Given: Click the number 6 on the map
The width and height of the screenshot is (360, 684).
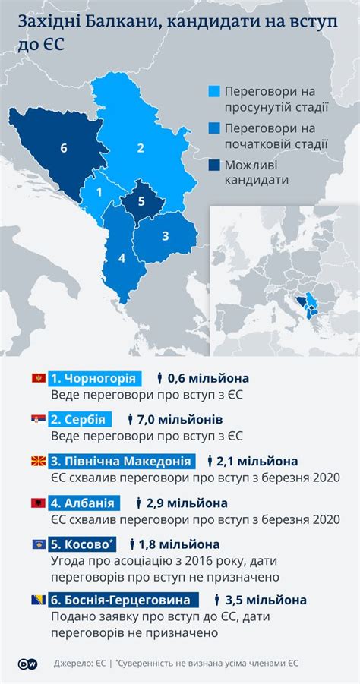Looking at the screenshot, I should pos(65,148).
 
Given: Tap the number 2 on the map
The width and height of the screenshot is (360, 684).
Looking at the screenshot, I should pos(141,148).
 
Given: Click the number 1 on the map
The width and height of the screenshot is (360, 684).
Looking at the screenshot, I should pos(99,193).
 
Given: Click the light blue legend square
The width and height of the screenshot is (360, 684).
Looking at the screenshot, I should pos(215,92).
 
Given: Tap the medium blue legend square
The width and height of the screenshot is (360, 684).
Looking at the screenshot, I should pos(215,128).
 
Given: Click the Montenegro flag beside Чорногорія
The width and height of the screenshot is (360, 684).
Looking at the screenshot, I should pos(38,378).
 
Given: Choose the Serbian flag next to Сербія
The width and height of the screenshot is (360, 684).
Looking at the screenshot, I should pos(38,419).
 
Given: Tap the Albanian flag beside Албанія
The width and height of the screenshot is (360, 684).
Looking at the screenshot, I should pos(38,503).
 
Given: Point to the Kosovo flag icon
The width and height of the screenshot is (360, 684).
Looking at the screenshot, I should pos(38,544).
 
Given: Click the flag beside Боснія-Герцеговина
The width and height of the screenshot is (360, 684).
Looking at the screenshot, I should pos(38,599).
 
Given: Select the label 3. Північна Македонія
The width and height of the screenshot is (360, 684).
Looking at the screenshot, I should pos(121,461).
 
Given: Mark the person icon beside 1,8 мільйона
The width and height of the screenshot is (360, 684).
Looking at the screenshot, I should pos(132,544).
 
